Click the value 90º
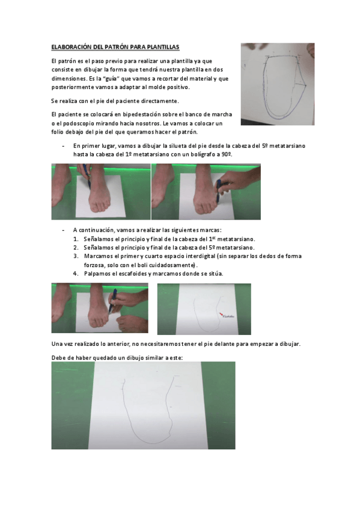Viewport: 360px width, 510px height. (x=226, y=155)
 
